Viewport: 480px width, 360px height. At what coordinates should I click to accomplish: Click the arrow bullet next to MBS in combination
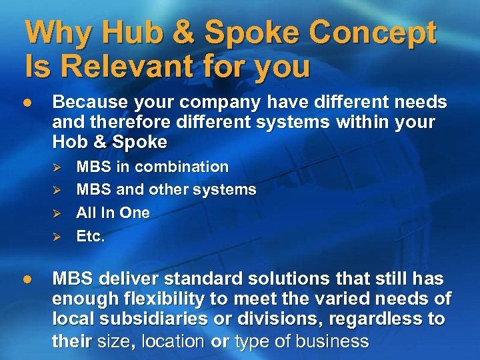coord(57,167)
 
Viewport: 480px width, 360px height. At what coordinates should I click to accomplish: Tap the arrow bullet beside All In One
coord(57,214)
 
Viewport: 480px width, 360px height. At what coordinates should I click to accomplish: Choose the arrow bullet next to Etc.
coord(57,237)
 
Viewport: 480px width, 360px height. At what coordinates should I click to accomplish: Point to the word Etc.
coord(91,236)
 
